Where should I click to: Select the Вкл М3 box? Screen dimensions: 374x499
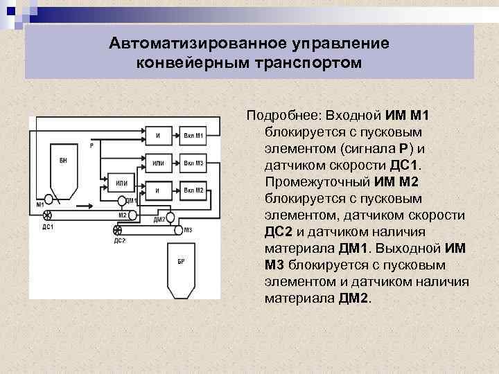point(193,163)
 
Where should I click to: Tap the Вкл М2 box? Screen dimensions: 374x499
point(193,190)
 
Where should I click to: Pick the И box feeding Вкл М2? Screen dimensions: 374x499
point(158,190)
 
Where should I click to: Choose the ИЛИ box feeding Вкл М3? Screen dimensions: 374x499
point(158,163)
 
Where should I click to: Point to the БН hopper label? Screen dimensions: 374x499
point(63,161)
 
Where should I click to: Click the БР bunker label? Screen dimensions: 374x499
point(181,260)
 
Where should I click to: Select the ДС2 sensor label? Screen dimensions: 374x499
point(119,240)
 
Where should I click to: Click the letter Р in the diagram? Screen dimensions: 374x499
point(91,145)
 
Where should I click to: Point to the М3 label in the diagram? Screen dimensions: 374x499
point(189,230)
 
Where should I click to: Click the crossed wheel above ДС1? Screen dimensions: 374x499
point(46,216)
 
